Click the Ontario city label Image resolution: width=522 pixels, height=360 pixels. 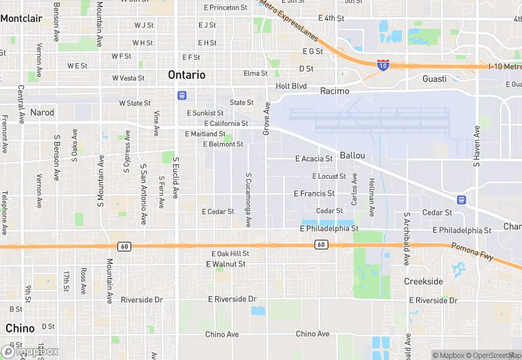[x=186, y=75]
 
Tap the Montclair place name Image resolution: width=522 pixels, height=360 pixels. [x=21, y=19]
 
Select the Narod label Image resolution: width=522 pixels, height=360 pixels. [x=42, y=112]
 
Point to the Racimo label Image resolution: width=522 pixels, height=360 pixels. [x=334, y=91]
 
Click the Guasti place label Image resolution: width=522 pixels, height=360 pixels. [x=434, y=79]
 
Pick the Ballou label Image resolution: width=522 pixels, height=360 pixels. [x=352, y=156]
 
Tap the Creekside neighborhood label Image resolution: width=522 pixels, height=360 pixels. [x=423, y=282]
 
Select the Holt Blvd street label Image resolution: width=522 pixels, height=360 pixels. [x=291, y=86]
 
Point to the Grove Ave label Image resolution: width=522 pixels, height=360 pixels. [x=266, y=117]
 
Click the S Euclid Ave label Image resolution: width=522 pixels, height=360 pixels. [x=176, y=177]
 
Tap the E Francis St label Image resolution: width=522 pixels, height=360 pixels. [x=314, y=194]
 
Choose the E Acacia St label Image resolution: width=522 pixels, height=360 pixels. [x=314, y=159]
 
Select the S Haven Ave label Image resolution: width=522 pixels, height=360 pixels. [x=475, y=146]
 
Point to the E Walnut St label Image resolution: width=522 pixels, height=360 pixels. [x=226, y=264]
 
